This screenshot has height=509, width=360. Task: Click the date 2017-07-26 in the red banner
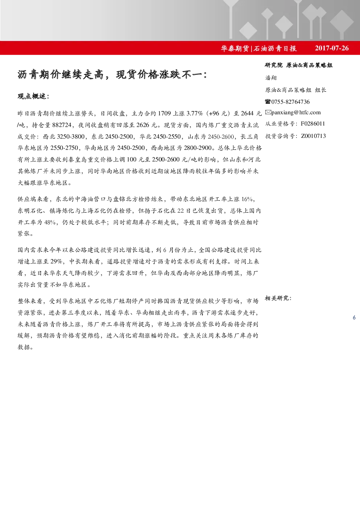coord(332,48)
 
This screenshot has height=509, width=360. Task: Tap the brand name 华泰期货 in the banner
coord(235,48)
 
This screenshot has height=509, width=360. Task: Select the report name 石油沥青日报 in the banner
coord(275,48)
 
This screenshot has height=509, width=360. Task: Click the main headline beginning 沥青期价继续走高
coord(112,74)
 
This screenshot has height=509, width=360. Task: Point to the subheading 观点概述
coord(33,97)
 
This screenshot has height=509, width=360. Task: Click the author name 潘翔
coord(271,78)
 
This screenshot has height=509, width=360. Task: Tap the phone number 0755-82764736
coord(290,102)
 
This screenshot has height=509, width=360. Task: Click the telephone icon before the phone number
coord(268,102)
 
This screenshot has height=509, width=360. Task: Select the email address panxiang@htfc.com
coord(296,112)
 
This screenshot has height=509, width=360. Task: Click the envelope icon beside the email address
coord(268,112)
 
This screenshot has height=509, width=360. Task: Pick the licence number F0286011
coord(313,124)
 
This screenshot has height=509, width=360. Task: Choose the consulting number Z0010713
coord(314,136)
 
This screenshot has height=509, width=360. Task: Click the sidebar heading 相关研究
coord(278,298)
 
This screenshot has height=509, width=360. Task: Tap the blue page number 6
coord(354,317)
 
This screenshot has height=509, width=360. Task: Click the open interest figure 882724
coord(62,125)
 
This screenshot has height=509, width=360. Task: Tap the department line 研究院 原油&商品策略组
coord(299,65)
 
